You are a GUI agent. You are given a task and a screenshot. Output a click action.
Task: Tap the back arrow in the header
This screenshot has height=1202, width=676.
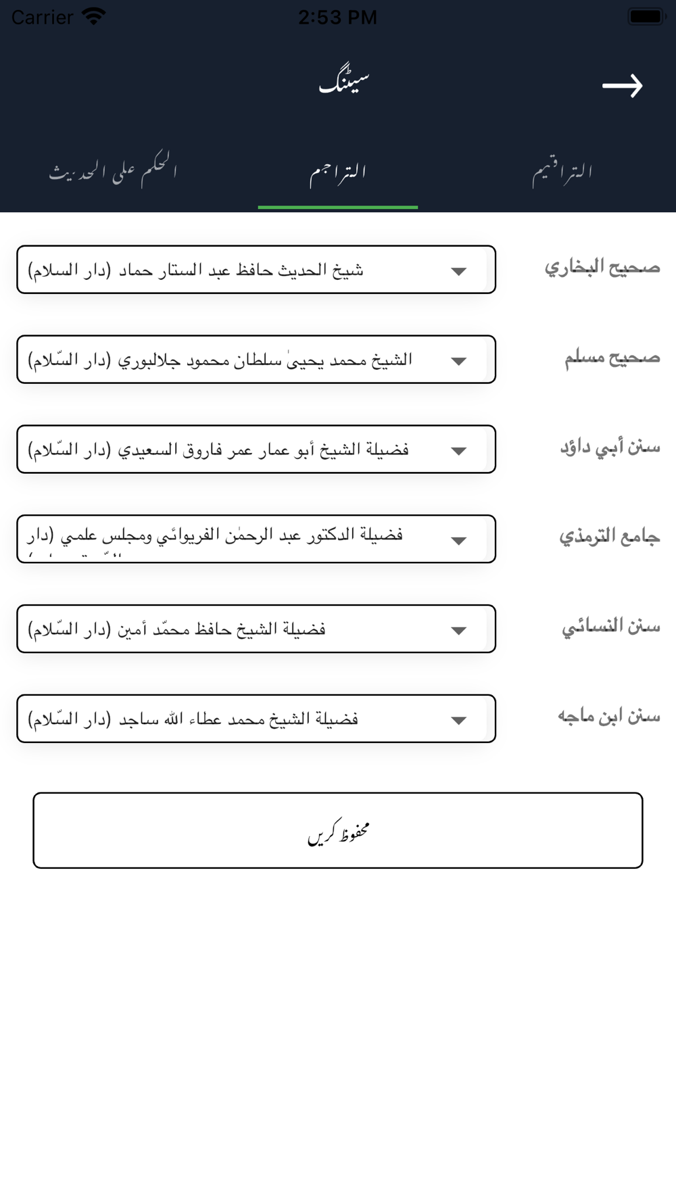(x=622, y=86)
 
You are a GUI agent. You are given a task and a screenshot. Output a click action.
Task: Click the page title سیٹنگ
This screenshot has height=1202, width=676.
(x=344, y=82)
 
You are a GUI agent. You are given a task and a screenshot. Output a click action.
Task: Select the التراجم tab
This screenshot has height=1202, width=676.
(x=338, y=173)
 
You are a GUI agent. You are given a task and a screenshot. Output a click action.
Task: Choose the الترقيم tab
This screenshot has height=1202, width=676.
(x=562, y=173)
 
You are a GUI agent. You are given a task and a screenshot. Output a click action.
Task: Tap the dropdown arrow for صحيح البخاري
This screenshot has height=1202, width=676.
(x=459, y=271)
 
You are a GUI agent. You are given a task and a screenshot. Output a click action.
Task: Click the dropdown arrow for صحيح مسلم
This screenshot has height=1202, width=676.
(x=459, y=361)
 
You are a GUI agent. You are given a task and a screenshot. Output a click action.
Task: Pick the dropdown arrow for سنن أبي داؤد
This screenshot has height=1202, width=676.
(x=459, y=451)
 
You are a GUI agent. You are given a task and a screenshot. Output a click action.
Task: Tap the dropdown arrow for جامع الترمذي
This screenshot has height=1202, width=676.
(x=459, y=540)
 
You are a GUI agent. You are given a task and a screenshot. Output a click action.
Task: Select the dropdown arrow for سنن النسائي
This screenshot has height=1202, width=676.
(x=459, y=631)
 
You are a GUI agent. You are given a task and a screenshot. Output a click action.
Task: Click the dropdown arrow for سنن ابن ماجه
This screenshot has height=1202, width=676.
(x=459, y=720)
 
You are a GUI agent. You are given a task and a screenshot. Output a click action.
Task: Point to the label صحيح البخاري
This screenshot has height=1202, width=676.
(x=602, y=268)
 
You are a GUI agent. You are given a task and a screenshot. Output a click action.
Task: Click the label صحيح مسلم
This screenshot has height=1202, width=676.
(x=612, y=358)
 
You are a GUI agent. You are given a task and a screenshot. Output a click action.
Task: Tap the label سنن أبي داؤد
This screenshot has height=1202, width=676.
(x=610, y=448)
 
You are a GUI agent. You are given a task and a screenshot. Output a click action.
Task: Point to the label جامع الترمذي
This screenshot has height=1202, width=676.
(x=609, y=537)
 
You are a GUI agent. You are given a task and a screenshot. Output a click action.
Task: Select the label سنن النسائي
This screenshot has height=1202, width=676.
(x=610, y=627)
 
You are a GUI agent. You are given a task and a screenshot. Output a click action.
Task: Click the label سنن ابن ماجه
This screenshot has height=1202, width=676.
(x=608, y=717)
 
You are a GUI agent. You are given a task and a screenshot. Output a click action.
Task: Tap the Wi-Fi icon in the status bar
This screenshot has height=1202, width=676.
(x=93, y=16)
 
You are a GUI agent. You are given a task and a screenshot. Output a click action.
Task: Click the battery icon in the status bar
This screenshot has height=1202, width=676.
(x=647, y=16)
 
